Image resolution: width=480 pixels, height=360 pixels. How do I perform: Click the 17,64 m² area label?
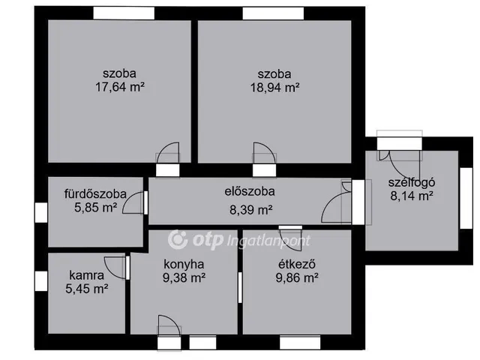coord(120,87)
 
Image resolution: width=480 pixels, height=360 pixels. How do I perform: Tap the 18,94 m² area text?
coord(274,87)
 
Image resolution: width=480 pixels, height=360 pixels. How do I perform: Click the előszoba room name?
coord(250,191)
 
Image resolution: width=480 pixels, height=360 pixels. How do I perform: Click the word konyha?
coord(184,264)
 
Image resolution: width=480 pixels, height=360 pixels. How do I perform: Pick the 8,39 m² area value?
coord(250,211)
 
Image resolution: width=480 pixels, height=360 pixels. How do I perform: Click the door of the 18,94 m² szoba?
coord(264,154)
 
